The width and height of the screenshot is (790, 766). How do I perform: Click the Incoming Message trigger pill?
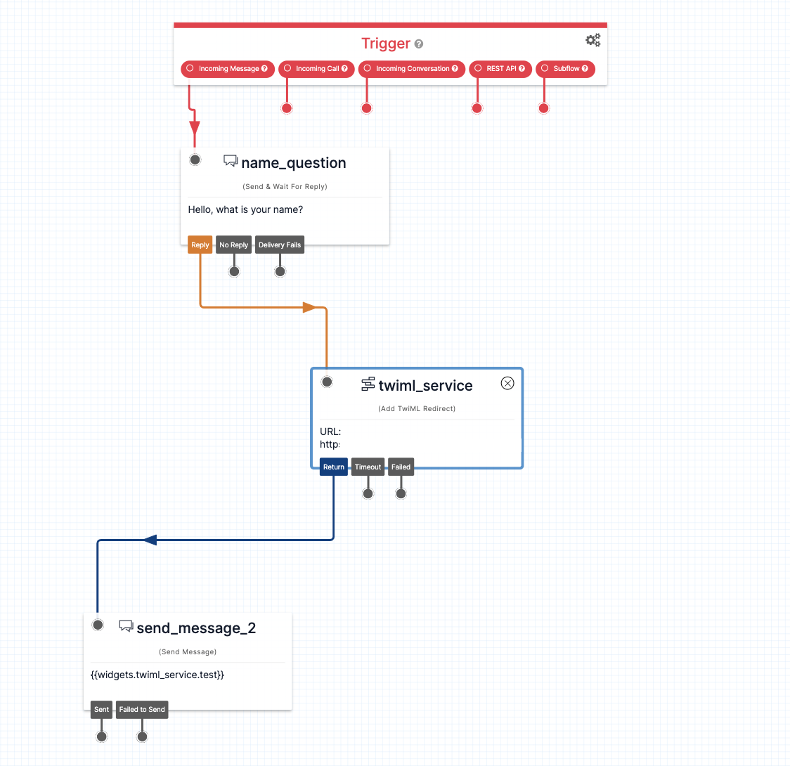pyautogui.click(x=228, y=69)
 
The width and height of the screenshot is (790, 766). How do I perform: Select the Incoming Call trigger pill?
pyautogui.click(x=316, y=69)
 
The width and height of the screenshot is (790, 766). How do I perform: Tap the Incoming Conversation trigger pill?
pyautogui.click(x=412, y=69)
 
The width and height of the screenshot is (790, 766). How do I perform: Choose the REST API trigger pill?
pyautogui.click(x=500, y=69)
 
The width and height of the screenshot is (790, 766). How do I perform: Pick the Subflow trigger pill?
pyautogui.click(x=565, y=69)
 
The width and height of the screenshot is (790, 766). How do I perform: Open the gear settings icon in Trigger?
pyautogui.click(x=593, y=40)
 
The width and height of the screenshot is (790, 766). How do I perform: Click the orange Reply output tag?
pyautogui.click(x=200, y=245)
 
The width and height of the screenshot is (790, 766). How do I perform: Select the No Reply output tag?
pyautogui.click(x=233, y=245)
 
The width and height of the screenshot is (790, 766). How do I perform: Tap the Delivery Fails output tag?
pyautogui.click(x=280, y=245)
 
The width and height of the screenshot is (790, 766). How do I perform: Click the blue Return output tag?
pyautogui.click(x=334, y=467)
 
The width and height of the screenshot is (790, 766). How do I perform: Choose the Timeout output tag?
pyautogui.click(x=368, y=467)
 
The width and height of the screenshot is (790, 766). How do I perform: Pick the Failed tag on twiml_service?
pyautogui.click(x=401, y=467)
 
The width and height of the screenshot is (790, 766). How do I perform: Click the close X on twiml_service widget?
pyautogui.click(x=507, y=383)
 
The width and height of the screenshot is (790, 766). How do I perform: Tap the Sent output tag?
pyautogui.click(x=102, y=710)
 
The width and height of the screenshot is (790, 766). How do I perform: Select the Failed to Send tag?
pyautogui.click(x=142, y=710)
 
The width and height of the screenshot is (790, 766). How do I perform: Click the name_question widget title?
pyautogui.click(x=293, y=163)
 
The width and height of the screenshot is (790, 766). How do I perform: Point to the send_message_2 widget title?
pyautogui.click(x=196, y=628)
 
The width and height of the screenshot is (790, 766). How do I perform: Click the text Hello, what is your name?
pyautogui.click(x=245, y=209)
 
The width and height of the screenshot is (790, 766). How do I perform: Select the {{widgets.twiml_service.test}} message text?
pyautogui.click(x=157, y=675)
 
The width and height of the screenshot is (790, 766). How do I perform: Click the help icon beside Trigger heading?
pyautogui.click(x=419, y=44)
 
